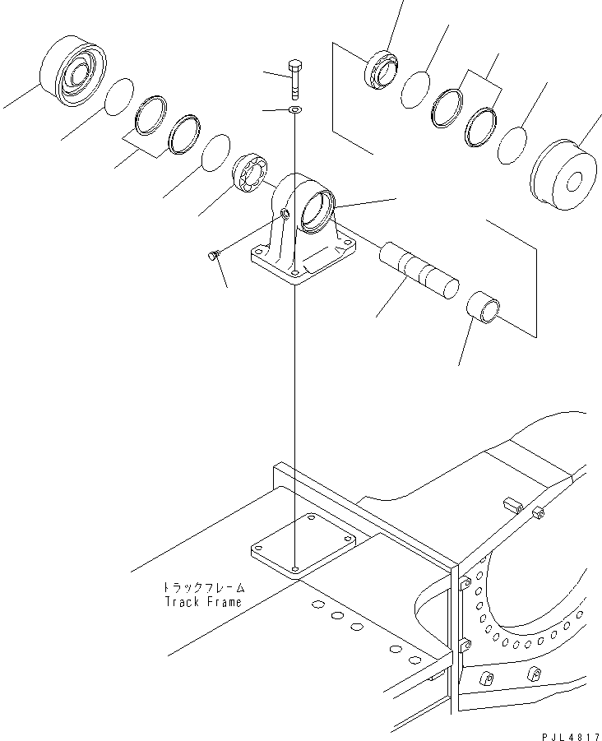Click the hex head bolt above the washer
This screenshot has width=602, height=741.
296,76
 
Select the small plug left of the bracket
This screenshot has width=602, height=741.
213,257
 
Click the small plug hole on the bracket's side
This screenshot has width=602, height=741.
285,215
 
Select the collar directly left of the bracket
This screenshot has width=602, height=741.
250,174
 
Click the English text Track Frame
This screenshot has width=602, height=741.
201,601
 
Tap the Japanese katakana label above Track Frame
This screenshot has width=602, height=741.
201,588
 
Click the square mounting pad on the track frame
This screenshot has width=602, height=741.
303,546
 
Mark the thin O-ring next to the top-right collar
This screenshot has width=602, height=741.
416,90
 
